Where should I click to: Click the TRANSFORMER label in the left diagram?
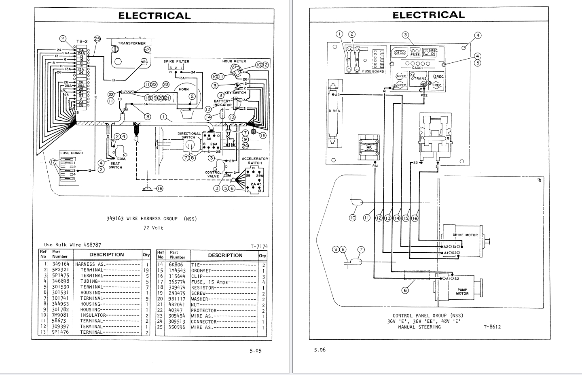tap(131, 43)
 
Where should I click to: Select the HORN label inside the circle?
tap(184, 89)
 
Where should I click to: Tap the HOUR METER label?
tap(234, 62)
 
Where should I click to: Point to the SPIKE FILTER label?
tap(176, 62)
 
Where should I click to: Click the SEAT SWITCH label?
tap(115, 165)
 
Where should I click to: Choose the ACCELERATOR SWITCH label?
tap(255, 161)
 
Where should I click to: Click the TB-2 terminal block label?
tap(82, 41)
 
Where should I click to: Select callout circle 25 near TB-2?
tap(97, 39)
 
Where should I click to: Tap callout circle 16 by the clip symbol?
tap(160, 188)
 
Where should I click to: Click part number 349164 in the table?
tap(61, 264)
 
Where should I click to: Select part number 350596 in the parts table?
tap(177, 327)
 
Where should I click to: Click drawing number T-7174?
tap(259, 246)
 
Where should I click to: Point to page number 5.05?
tap(256, 351)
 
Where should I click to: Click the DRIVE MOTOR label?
tap(465, 235)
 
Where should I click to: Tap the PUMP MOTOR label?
tap(462, 292)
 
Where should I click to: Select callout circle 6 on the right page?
tap(405, 290)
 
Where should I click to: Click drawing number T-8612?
tap(492, 327)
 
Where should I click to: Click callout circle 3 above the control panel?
tap(405, 35)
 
